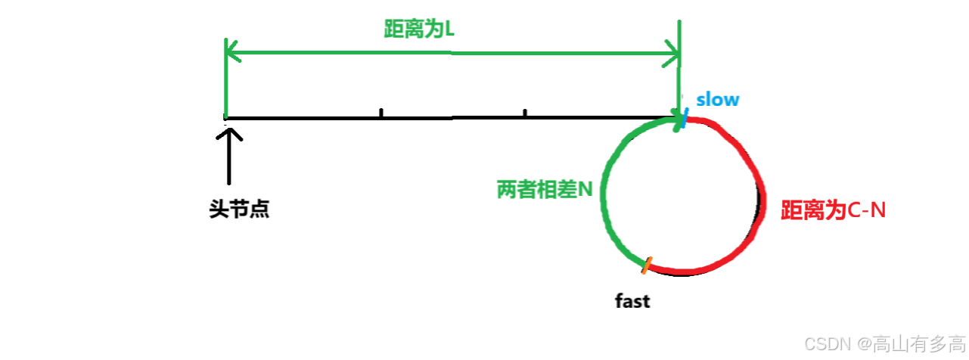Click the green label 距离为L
pyautogui.click(x=418, y=29)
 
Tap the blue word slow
pyautogui.click(x=718, y=100)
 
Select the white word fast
pyautogui.click(x=632, y=301)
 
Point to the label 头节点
pyautogui.click(x=240, y=209)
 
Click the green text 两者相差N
pyautogui.click(x=545, y=189)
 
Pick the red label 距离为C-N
pyautogui.click(x=833, y=210)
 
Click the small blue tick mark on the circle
pyautogui.click(x=685, y=120)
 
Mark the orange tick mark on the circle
pyautogui.click(x=647, y=265)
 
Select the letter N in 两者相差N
pyautogui.click(x=587, y=189)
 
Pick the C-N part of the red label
pyautogui.click(x=865, y=210)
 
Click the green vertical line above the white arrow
pyautogui.click(x=226, y=83)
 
